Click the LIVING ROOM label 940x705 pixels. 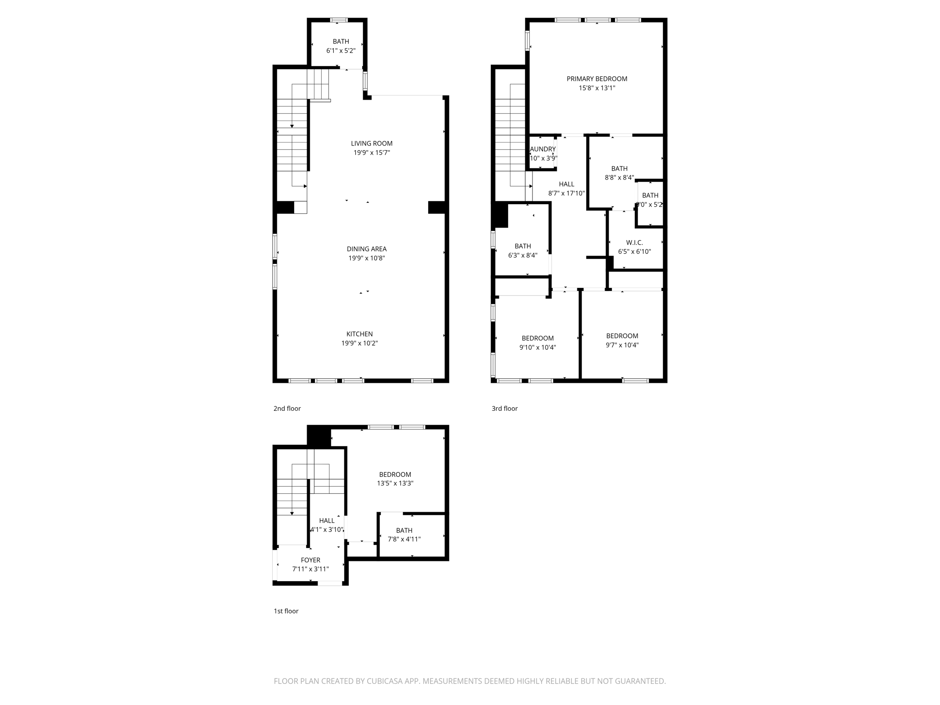(x=371, y=143)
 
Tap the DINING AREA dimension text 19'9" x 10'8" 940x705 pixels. (x=366, y=258)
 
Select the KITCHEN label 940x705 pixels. (x=359, y=334)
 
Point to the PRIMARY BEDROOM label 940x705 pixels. (x=597, y=79)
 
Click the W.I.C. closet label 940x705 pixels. (x=634, y=242)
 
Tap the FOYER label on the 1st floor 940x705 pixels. (x=310, y=560)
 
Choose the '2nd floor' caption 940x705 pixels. (x=287, y=408)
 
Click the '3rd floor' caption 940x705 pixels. (x=504, y=408)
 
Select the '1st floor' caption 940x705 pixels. (x=286, y=611)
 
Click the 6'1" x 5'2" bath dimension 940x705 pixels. (x=341, y=51)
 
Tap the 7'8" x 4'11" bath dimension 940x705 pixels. (x=404, y=539)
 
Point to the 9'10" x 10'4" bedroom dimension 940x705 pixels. (x=537, y=347)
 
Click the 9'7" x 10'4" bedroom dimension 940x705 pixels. (x=622, y=345)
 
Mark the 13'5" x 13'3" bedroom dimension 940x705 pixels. (x=395, y=483)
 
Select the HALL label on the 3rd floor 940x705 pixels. (x=566, y=184)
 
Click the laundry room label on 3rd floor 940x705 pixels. (x=543, y=149)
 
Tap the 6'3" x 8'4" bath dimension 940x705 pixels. (x=522, y=255)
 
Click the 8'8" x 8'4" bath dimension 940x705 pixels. (x=619, y=178)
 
